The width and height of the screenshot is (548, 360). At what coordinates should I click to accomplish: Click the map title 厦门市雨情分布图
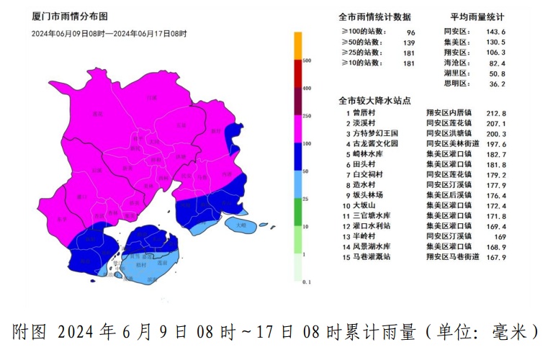click(x=69, y=15)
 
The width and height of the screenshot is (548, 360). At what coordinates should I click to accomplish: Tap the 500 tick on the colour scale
click(x=306, y=60)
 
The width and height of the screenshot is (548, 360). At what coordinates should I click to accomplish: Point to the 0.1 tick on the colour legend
click(x=306, y=282)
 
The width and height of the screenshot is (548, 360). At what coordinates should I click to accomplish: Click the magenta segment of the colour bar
click(x=297, y=129)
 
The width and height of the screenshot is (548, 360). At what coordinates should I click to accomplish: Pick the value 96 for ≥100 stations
click(x=411, y=32)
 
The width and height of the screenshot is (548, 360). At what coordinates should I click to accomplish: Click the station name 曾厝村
click(x=365, y=113)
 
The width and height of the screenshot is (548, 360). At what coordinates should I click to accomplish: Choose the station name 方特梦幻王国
click(x=374, y=134)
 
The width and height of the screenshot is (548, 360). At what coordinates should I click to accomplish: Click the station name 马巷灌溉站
click(x=372, y=257)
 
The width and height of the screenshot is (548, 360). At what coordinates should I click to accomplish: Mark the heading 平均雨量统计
click(x=477, y=17)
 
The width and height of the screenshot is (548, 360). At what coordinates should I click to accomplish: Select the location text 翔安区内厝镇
click(x=450, y=113)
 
